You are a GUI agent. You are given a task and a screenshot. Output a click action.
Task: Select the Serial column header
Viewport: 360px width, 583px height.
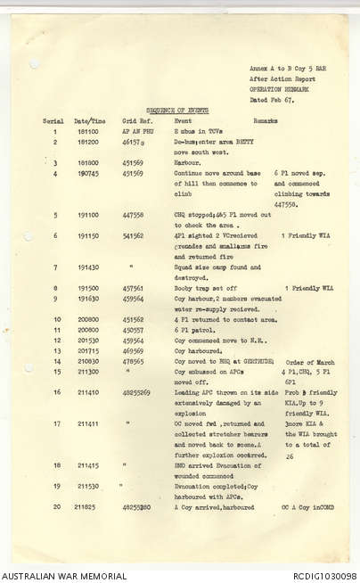tap(53, 120)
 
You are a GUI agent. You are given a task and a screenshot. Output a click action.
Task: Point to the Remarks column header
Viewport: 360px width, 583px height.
tap(266, 120)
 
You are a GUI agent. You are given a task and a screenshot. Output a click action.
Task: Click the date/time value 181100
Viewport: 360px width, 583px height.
tap(87, 131)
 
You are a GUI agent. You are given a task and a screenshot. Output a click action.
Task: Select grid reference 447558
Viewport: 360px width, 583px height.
tap(133, 215)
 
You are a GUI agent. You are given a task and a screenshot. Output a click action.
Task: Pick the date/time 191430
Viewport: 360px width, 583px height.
tap(87, 267)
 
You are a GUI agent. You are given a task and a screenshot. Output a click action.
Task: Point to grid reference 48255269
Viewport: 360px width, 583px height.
tap(136, 392)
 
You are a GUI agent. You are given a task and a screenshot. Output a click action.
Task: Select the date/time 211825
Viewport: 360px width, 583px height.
tap(87, 507)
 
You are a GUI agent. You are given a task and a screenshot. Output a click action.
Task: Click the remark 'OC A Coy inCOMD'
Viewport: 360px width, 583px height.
tap(307, 507)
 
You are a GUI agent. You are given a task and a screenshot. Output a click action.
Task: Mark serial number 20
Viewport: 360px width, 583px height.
tap(55, 507)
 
